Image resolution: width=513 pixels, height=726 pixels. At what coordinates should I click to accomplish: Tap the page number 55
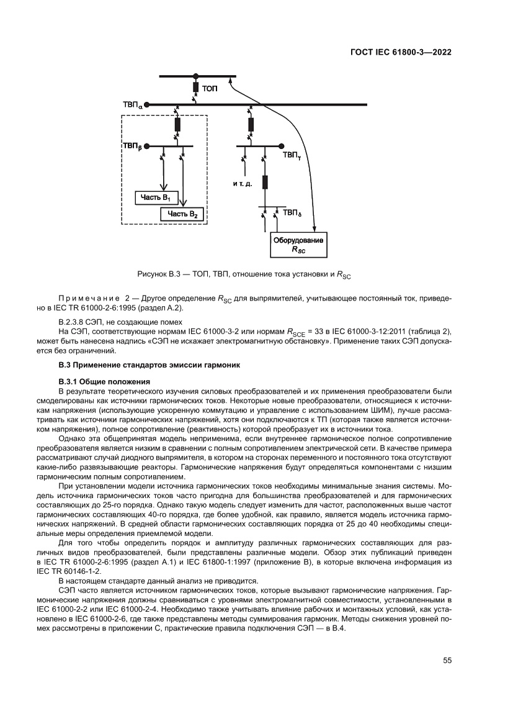tap(447, 661)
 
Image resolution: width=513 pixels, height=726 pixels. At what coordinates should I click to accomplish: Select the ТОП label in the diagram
tap(210, 89)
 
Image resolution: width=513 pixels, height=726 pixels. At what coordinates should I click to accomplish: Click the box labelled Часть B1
tap(157, 197)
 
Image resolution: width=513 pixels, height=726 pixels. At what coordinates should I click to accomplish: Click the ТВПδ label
tap(292, 213)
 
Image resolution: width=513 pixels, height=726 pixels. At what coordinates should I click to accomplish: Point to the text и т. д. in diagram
tap(243, 184)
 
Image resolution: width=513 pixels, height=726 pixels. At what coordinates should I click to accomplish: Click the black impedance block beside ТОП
tap(196, 87)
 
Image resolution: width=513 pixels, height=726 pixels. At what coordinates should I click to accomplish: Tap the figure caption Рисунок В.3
tap(244, 274)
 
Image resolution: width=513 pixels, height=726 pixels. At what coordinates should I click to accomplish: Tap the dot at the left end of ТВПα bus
tap(148, 105)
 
